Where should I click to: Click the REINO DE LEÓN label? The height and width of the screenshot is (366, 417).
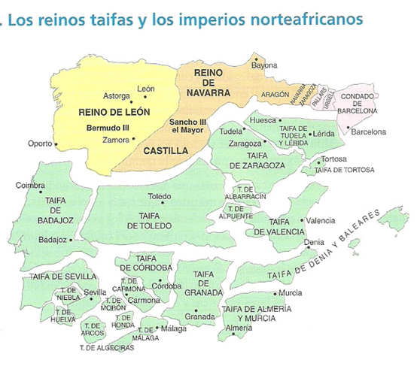[114, 112]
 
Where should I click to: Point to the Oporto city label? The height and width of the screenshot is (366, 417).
[38, 143]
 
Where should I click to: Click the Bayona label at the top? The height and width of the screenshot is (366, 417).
[264, 66]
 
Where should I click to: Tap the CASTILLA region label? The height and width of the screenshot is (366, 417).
[165, 150]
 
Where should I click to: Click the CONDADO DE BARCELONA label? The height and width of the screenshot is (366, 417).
[358, 104]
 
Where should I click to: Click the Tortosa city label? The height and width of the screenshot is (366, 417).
[333, 159]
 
